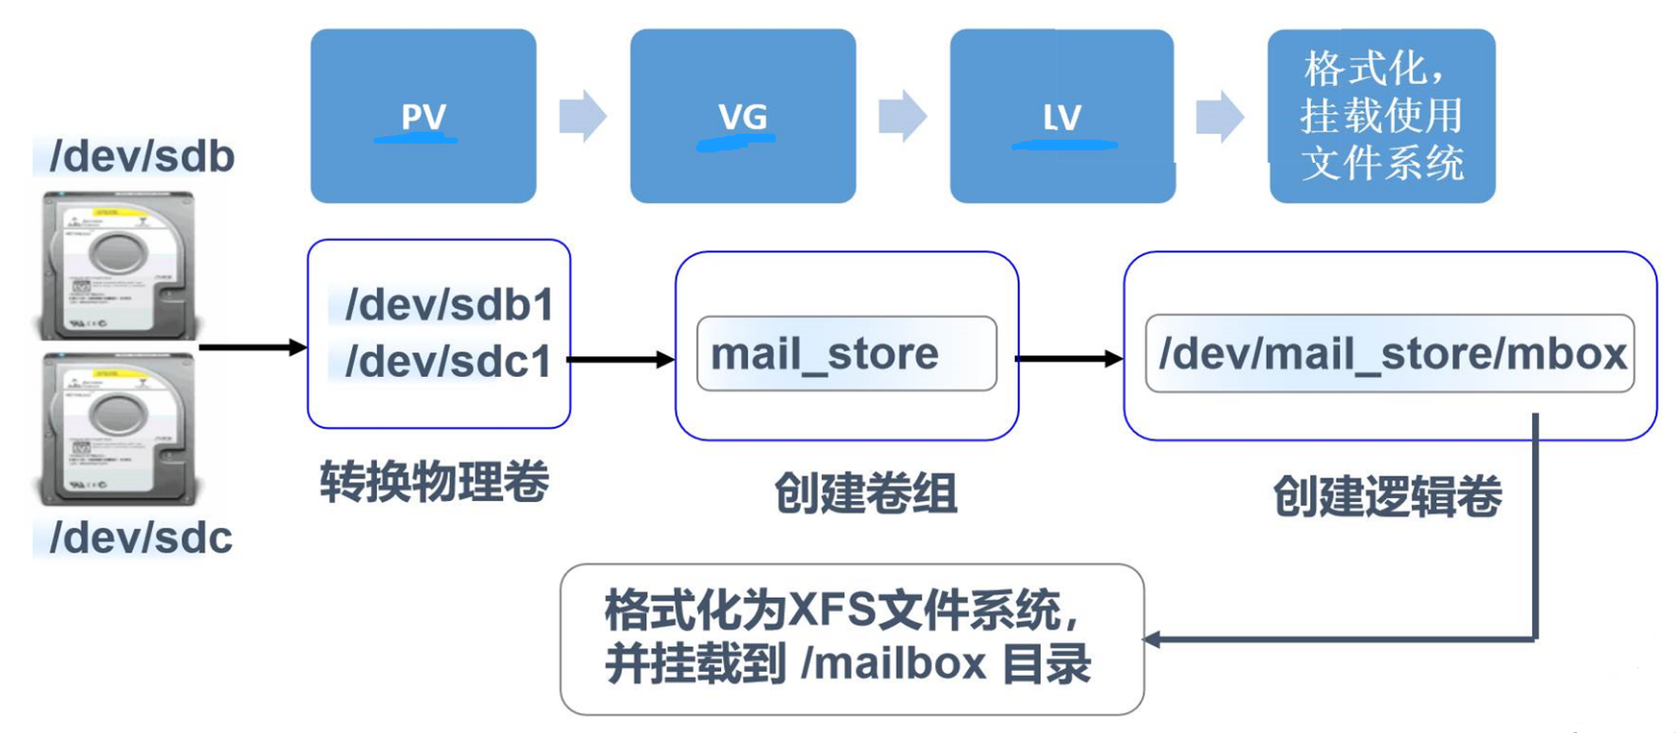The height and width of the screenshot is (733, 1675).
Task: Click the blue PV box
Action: point(423,115)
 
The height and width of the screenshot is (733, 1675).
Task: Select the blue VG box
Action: point(743,115)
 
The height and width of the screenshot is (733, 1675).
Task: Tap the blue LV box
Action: point(1062,115)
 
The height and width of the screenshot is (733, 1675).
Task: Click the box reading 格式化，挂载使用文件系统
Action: point(1381,115)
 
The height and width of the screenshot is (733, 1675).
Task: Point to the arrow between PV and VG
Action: point(582,116)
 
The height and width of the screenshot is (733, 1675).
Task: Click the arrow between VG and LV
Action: point(902,116)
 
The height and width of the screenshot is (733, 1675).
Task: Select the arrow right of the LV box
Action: point(1219,116)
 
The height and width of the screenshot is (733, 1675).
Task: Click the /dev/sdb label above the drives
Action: point(141,157)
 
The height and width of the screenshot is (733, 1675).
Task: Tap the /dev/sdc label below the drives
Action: point(140,538)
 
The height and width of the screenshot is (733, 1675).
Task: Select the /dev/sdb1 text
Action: point(449,305)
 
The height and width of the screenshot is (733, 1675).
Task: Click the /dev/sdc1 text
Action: point(448,361)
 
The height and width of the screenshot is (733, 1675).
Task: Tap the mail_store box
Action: point(846,353)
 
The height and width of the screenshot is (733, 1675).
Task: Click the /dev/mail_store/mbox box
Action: point(1390,353)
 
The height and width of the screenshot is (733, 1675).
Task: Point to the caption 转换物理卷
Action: point(434,482)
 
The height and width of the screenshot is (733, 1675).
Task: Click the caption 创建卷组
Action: point(865,492)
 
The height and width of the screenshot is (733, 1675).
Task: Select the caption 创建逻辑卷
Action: point(1387,495)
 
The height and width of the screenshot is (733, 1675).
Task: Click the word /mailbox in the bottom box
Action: point(894,663)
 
